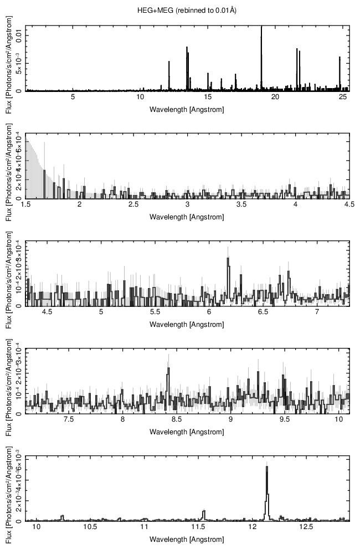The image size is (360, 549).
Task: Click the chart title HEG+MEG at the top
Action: [187, 10]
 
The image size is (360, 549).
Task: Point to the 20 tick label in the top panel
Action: [275, 98]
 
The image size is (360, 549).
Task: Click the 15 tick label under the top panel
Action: [208, 98]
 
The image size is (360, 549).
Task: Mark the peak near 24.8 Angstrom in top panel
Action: [340, 58]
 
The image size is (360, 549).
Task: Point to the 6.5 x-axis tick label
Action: [263, 312]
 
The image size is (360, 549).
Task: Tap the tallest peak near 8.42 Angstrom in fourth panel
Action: [168, 368]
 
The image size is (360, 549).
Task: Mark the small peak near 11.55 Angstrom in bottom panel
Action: [204, 511]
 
